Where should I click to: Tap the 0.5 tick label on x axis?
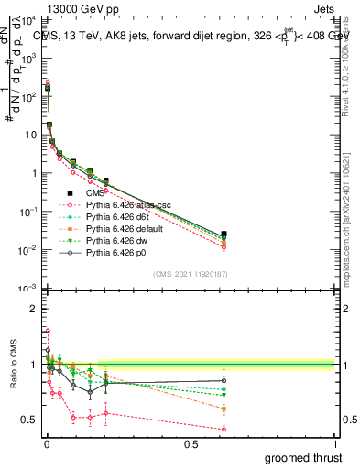[x=191, y=443]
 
